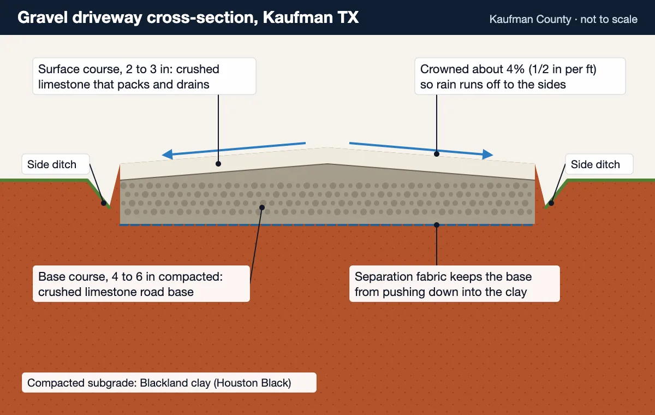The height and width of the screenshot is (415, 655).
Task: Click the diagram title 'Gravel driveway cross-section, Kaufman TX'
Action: coord(188,17)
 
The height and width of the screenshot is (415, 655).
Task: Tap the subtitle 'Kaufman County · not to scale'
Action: coord(563,19)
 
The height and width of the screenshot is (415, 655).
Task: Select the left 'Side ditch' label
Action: coord(56,164)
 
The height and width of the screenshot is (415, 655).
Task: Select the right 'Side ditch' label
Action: coord(599,164)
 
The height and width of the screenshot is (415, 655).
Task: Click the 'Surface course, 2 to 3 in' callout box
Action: coord(144,76)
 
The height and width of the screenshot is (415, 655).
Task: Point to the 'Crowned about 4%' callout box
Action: coord(520,76)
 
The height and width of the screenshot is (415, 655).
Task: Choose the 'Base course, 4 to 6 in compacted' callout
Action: coord(141,284)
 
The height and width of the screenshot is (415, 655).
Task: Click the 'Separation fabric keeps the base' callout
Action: coord(454,284)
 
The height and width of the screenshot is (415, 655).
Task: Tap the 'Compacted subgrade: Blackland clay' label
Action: coord(169,383)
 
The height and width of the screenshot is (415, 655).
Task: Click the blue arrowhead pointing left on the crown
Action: coord(167,154)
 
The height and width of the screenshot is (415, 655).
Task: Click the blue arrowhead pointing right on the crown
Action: coord(488,154)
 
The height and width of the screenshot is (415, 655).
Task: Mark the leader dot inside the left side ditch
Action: coord(104,203)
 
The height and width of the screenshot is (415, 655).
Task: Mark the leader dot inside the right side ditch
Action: coord(551,203)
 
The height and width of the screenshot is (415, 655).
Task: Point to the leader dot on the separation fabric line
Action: coord(437,225)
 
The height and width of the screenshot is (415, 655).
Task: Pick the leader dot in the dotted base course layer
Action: coord(262,207)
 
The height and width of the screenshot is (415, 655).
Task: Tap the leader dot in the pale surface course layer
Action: coord(218,164)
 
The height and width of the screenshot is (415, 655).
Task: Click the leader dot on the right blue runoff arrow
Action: coord(437,154)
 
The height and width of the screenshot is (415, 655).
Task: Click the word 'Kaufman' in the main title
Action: coord(297,17)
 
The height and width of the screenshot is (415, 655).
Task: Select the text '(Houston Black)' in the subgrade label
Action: coord(253,383)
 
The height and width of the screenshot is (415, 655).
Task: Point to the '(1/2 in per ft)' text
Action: coord(562,69)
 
